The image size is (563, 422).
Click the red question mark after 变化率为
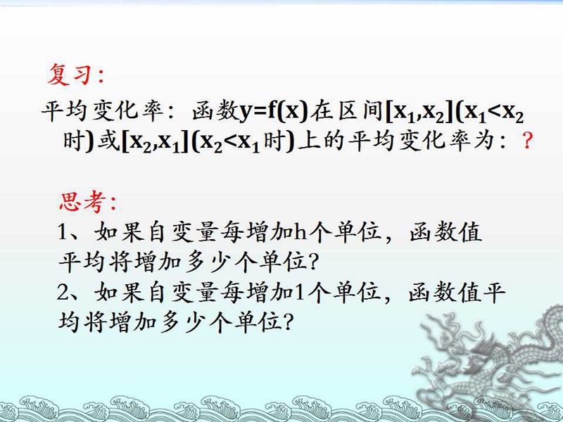(x=526, y=141)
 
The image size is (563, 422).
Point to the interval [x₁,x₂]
(x=419, y=113)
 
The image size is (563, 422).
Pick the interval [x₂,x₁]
(x=155, y=142)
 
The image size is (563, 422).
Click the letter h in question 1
(x=301, y=233)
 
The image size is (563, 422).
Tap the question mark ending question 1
(x=313, y=262)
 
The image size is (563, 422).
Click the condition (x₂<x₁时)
(x=243, y=142)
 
